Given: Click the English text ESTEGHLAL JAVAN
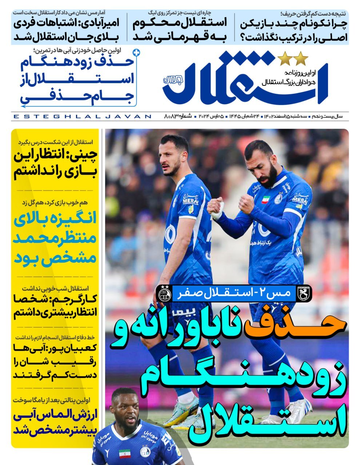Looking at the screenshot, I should (82, 117).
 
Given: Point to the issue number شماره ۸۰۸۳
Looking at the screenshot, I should (178, 117).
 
